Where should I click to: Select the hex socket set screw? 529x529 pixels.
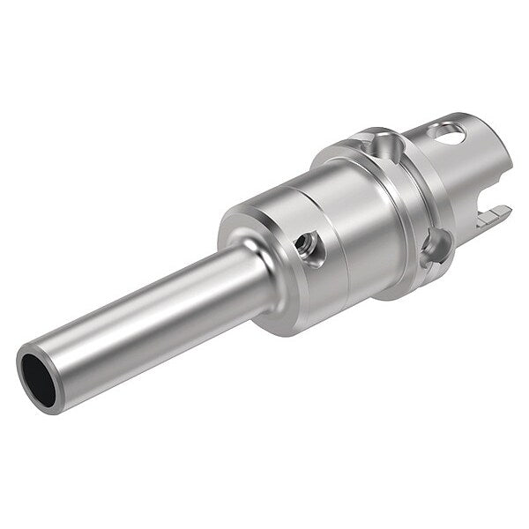coord(308,243)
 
